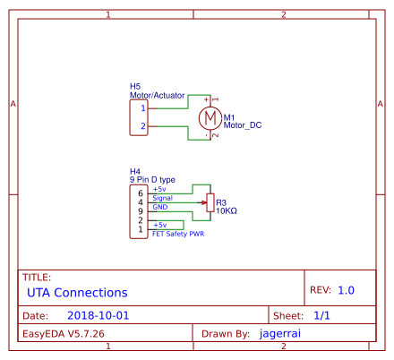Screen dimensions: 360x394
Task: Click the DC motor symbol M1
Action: [x=210, y=117]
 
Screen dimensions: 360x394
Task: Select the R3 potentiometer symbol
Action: [x=210, y=203]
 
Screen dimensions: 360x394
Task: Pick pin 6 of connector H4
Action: [x=140, y=193]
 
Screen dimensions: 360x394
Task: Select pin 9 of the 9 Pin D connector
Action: [x=140, y=211]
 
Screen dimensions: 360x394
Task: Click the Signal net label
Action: [x=162, y=199]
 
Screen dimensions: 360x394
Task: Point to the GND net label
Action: [x=159, y=208]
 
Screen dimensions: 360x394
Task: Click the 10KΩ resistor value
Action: [x=227, y=212]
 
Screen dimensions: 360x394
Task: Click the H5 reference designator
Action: [x=134, y=86]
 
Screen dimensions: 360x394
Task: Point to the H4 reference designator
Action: [x=134, y=171]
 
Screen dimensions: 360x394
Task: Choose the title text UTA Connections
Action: [x=77, y=293]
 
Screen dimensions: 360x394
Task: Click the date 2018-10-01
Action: [x=98, y=316]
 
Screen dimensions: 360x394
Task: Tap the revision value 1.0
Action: [x=347, y=290]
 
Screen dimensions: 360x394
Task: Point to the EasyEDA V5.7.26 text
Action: [x=64, y=333]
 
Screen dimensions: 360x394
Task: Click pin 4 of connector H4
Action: [x=140, y=202]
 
